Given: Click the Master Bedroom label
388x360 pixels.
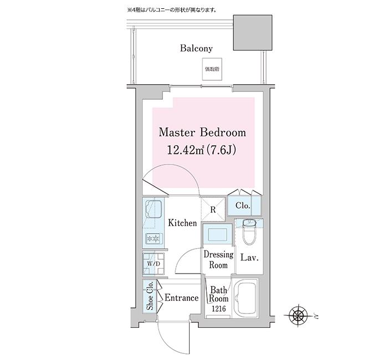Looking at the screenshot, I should (202, 133).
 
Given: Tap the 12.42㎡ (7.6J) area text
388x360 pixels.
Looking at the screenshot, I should (202, 150).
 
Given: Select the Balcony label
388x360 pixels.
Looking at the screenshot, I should (196, 48).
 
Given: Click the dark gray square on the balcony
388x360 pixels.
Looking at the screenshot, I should (253, 33).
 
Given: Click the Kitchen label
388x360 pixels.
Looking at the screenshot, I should (183, 223).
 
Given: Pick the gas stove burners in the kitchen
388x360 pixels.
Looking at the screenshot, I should (152, 238).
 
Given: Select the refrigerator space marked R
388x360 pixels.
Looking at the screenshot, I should (213, 209).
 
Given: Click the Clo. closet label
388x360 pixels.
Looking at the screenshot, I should (243, 206).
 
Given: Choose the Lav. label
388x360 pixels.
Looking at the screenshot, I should (250, 258).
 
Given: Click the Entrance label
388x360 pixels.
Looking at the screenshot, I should (181, 298).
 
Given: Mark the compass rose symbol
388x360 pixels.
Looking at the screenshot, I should (299, 316).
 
